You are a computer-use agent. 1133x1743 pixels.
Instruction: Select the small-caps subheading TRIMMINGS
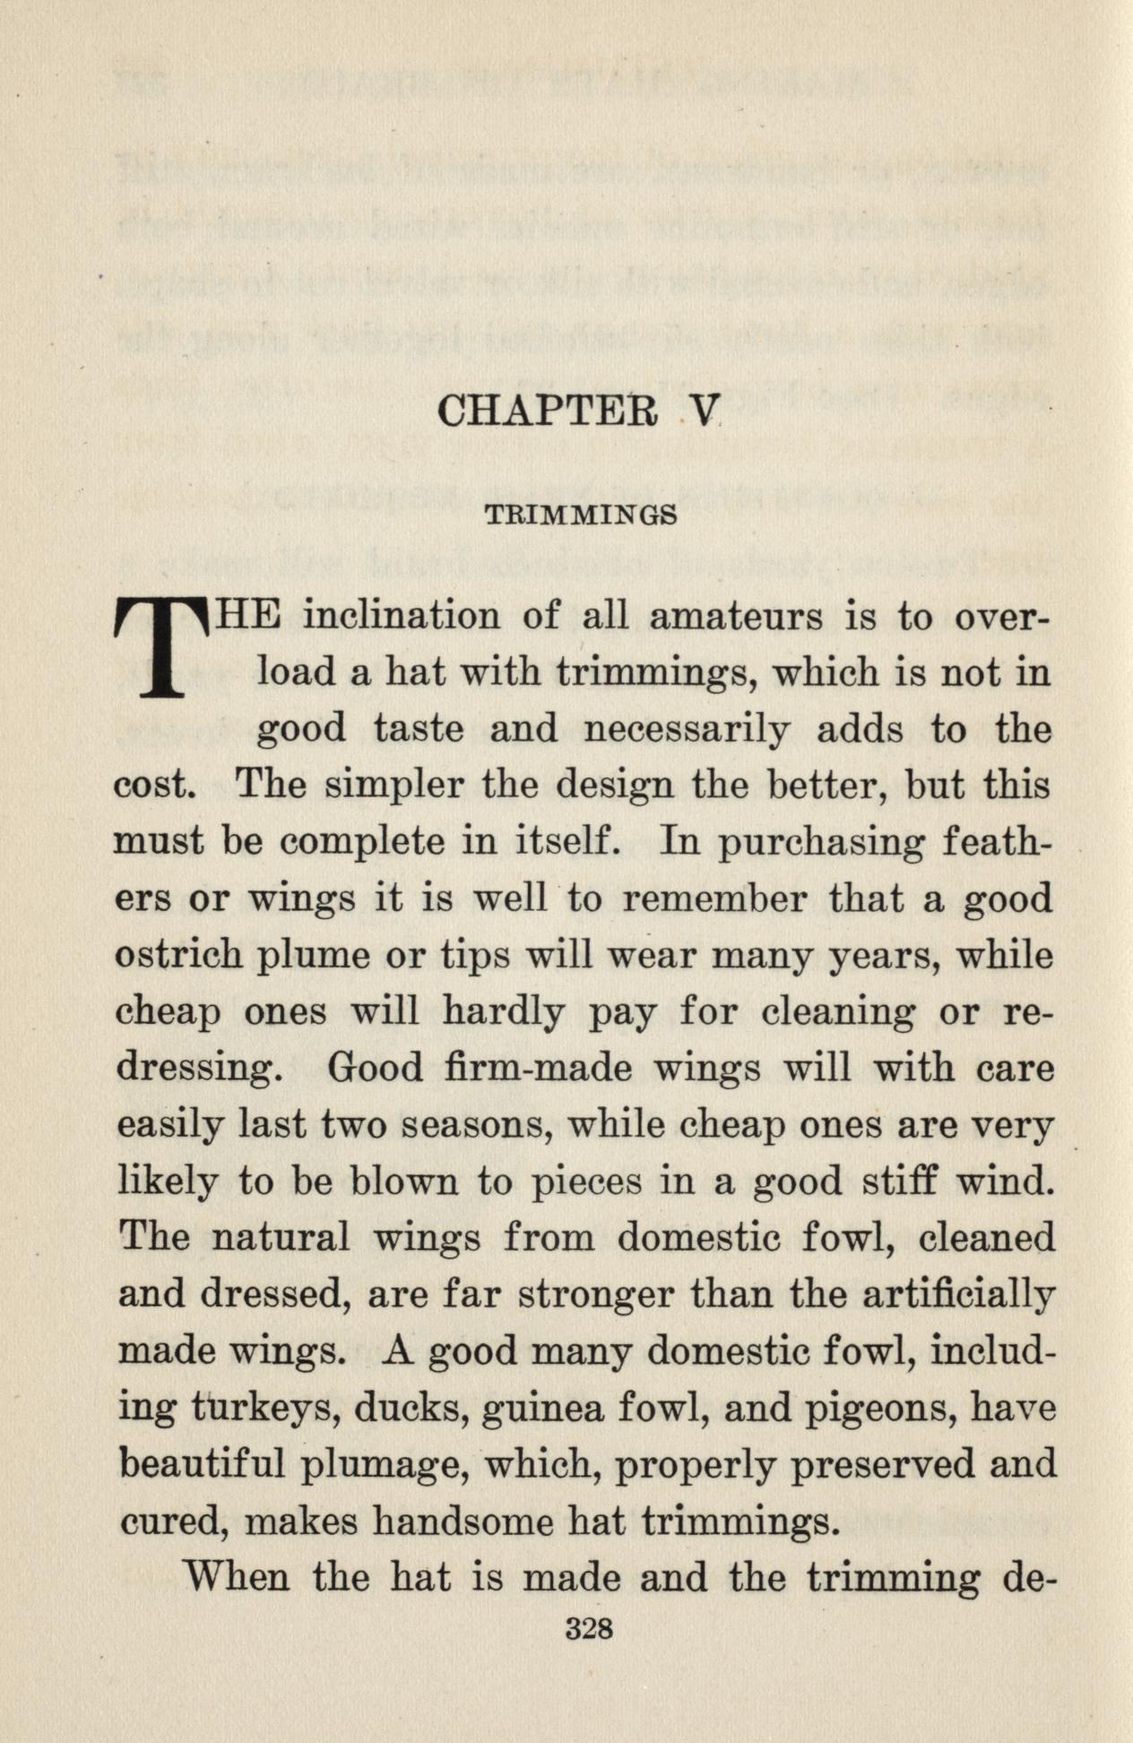[x=581, y=517]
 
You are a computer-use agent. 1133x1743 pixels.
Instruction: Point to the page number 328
[x=589, y=1628]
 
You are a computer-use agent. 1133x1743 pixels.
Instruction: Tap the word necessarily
[x=688, y=728]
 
